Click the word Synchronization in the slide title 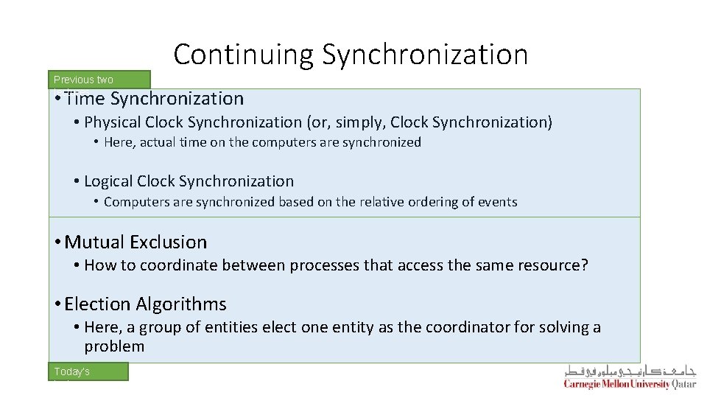[x=425, y=55]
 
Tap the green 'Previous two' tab [x=99, y=80]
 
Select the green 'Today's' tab [x=88, y=371]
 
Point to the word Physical [x=112, y=122]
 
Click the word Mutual [x=94, y=242]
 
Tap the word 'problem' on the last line [x=114, y=346]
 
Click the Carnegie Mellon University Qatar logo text [x=629, y=384]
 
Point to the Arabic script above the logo [x=630, y=371]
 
